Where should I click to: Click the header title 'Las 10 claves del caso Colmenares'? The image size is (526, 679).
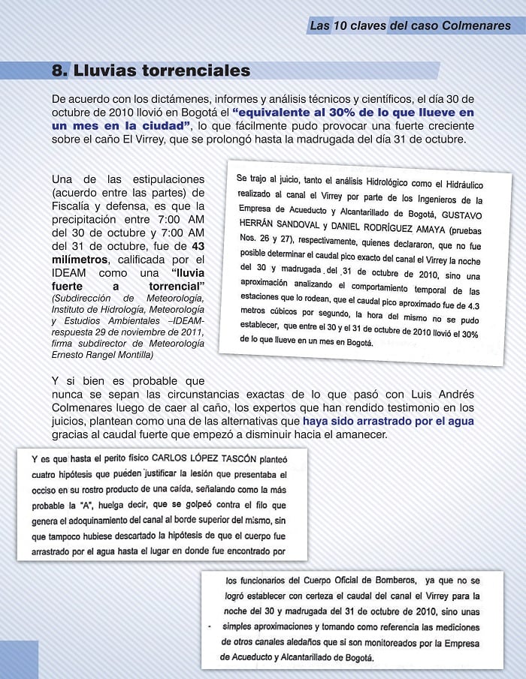(410, 26)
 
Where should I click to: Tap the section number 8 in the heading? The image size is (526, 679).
(59, 71)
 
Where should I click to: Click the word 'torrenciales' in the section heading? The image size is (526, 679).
(199, 71)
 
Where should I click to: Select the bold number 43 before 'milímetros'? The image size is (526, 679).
(198, 245)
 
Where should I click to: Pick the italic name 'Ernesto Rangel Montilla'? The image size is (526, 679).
(102, 354)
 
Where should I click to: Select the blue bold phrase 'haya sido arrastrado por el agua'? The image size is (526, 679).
(388, 422)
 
